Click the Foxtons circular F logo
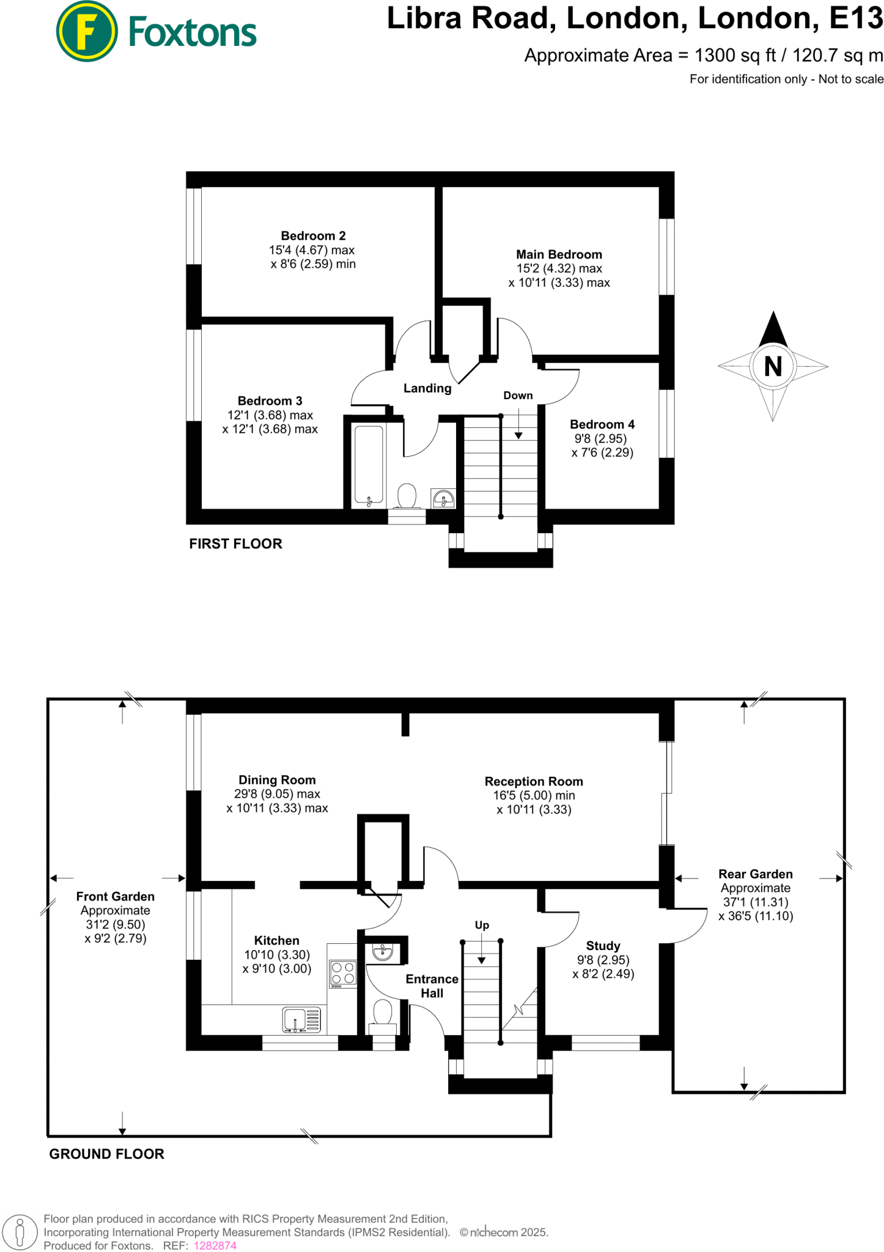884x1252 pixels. (87, 31)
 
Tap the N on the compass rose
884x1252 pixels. (773, 367)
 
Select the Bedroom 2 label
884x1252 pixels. (313, 236)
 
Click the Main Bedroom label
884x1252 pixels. (559, 254)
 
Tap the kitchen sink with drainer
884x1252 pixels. (301, 1020)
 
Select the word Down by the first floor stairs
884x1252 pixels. (518, 396)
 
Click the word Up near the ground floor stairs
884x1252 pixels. (482, 925)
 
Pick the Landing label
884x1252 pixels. (427, 388)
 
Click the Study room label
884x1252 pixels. (603, 946)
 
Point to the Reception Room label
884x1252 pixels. (534, 781)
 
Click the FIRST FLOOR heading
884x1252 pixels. (235, 543)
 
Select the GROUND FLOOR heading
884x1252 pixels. (106, 1154)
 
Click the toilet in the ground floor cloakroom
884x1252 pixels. (383, 1012)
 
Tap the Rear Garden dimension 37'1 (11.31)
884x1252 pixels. (755, 902)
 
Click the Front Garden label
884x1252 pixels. (115, 896)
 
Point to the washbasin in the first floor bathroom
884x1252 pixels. (443, 498)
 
